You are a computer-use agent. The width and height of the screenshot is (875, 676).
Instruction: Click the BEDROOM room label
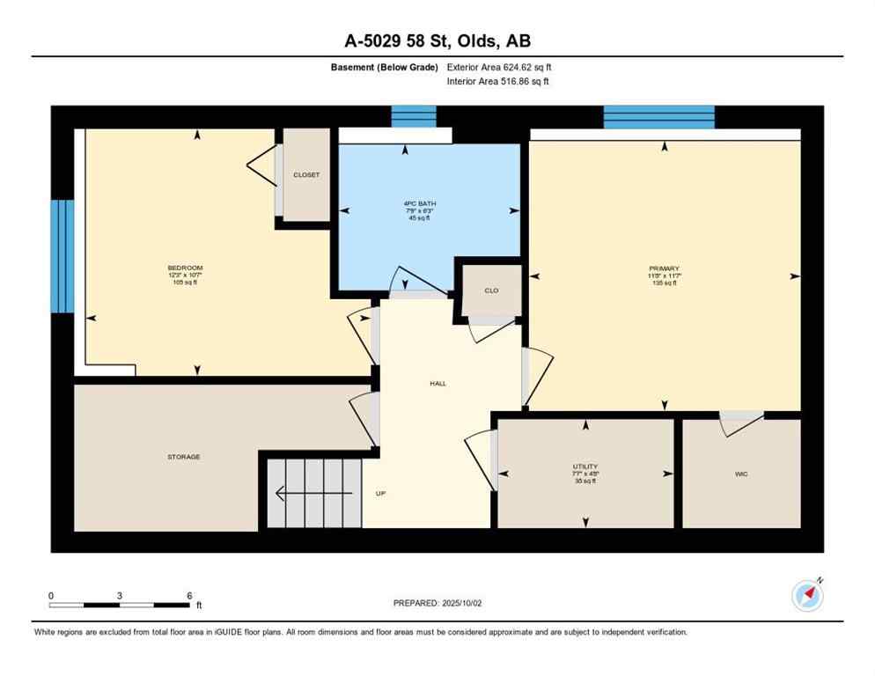185,268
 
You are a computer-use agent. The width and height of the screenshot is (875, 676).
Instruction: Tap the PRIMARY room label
665,268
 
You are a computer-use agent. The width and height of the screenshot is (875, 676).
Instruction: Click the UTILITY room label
585,467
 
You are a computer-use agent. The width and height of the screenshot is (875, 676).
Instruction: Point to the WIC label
742,474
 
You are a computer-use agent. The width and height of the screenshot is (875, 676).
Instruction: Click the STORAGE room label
184,457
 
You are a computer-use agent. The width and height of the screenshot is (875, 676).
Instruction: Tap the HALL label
437,384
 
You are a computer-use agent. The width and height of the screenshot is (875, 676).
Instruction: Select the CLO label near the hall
491,290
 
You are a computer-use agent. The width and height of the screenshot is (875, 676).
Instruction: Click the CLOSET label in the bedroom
306,175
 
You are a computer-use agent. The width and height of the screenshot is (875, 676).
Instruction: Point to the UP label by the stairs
381,494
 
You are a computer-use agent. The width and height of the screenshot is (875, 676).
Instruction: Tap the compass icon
807,596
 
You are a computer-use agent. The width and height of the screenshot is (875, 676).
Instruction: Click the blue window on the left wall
62,256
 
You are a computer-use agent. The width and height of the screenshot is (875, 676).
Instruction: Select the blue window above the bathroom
413,116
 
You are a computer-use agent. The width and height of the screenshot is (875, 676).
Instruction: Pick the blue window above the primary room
658,116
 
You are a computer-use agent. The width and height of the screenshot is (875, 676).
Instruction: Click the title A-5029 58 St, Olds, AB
437,40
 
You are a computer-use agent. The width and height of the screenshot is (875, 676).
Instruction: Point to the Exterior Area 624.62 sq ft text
499,67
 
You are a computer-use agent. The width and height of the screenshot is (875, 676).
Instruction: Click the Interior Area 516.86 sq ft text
498,82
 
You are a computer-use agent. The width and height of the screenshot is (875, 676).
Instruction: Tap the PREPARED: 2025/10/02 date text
437,603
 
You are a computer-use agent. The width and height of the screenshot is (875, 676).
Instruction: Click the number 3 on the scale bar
119,595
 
